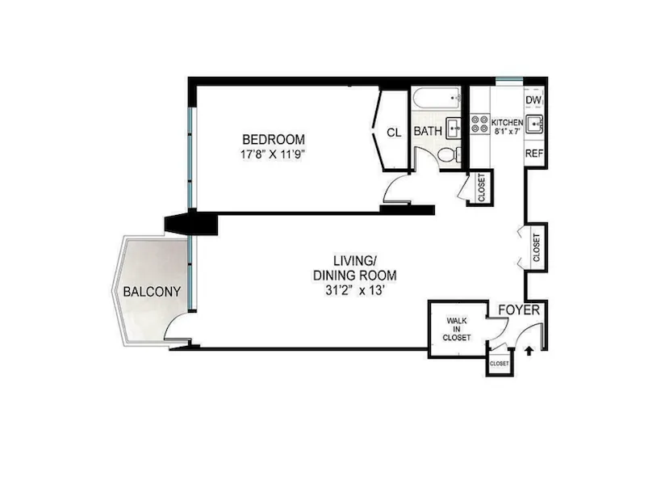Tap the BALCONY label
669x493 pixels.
pos(151,292)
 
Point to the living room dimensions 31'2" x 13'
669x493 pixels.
pos(354,289)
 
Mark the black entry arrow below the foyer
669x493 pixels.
pos(529,350)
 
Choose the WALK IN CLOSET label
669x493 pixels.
pos(456,328)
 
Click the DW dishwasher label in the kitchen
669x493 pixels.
pos(533,100)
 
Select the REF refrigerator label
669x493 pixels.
pos(533,153)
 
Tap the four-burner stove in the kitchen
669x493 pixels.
pos(480,124)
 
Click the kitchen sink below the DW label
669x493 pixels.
pos(534,124)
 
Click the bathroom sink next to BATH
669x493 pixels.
pos(454,127)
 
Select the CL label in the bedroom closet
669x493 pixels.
pos(394,132)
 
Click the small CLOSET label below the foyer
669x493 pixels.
pos(500,364)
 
